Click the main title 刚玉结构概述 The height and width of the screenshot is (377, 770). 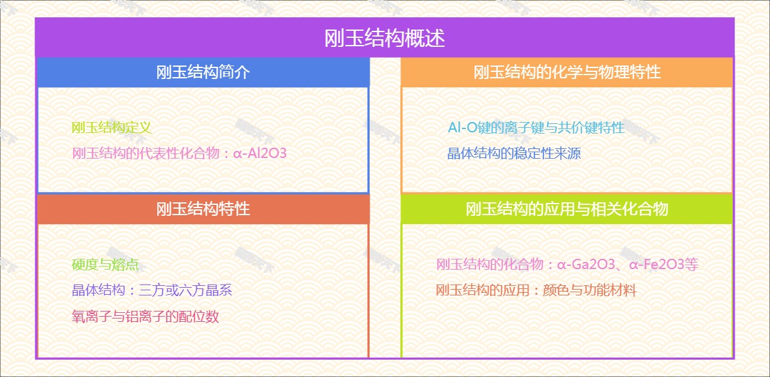[x=385, y=38]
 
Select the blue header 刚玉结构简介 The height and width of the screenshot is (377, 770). [x=203, y=72]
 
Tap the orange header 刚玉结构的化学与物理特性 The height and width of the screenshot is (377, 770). [x=567, y=72]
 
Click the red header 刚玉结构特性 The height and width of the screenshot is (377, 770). [x=203, y=209]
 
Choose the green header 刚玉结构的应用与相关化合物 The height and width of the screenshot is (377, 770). [x=567, y=209]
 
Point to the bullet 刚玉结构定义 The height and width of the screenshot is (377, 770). [x=112, y=128]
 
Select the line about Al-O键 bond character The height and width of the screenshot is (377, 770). [x=536, y=128]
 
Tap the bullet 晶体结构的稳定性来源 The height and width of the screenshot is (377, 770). [x=514, y=153]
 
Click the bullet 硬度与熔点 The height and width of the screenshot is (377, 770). [x=105, y=265]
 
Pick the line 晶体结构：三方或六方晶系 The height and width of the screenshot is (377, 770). [x=151, y=290]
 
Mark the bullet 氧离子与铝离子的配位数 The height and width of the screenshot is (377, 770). [x=146, y=317]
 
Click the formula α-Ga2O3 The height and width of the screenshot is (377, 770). [x=586, y=265]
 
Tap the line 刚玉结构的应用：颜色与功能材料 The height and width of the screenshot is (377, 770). [x=536, y=290]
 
